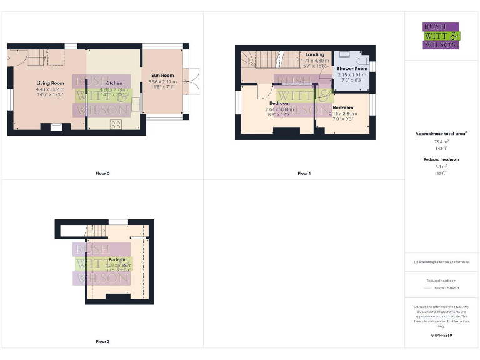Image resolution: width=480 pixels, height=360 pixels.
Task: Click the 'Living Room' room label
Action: [50, 82]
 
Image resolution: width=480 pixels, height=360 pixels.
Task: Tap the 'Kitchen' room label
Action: [114, 83]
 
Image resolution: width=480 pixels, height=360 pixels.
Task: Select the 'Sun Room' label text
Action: [162, 75]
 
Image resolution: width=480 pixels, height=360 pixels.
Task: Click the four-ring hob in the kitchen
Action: [116, 124]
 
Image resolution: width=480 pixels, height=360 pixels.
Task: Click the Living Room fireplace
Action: [56, 127]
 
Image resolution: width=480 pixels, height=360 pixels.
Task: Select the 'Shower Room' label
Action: [352, 69]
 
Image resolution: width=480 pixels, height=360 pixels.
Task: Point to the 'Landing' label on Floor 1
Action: [315, 55]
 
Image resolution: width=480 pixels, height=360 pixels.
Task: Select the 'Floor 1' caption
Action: [304, 173]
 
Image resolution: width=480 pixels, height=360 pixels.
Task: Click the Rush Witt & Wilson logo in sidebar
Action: [441, 36]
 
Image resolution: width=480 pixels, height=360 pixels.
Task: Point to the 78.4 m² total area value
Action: [441, 142]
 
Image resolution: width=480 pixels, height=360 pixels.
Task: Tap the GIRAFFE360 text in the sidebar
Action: [441, 336]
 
